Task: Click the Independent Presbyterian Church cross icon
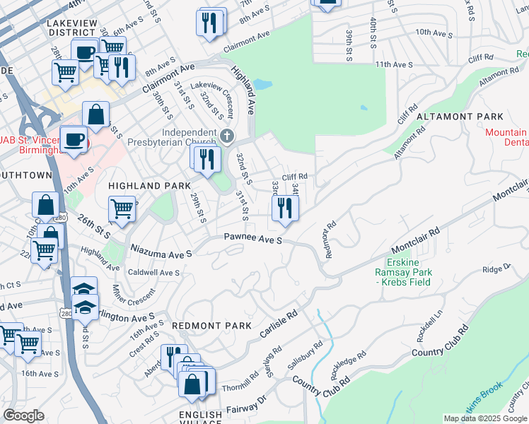tap(226, 136)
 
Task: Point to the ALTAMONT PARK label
tap(460, 117)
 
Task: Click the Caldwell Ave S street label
tap(153, 272)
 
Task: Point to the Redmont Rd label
tap(328, 241)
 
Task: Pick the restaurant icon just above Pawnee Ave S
tap(285, 208)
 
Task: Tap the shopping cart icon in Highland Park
tap(122, 209)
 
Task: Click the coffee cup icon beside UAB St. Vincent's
tap(74, 139)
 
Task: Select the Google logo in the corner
tap(23, 416)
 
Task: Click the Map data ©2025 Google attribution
tap(485, 418)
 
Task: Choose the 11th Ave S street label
tap(394, 64)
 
